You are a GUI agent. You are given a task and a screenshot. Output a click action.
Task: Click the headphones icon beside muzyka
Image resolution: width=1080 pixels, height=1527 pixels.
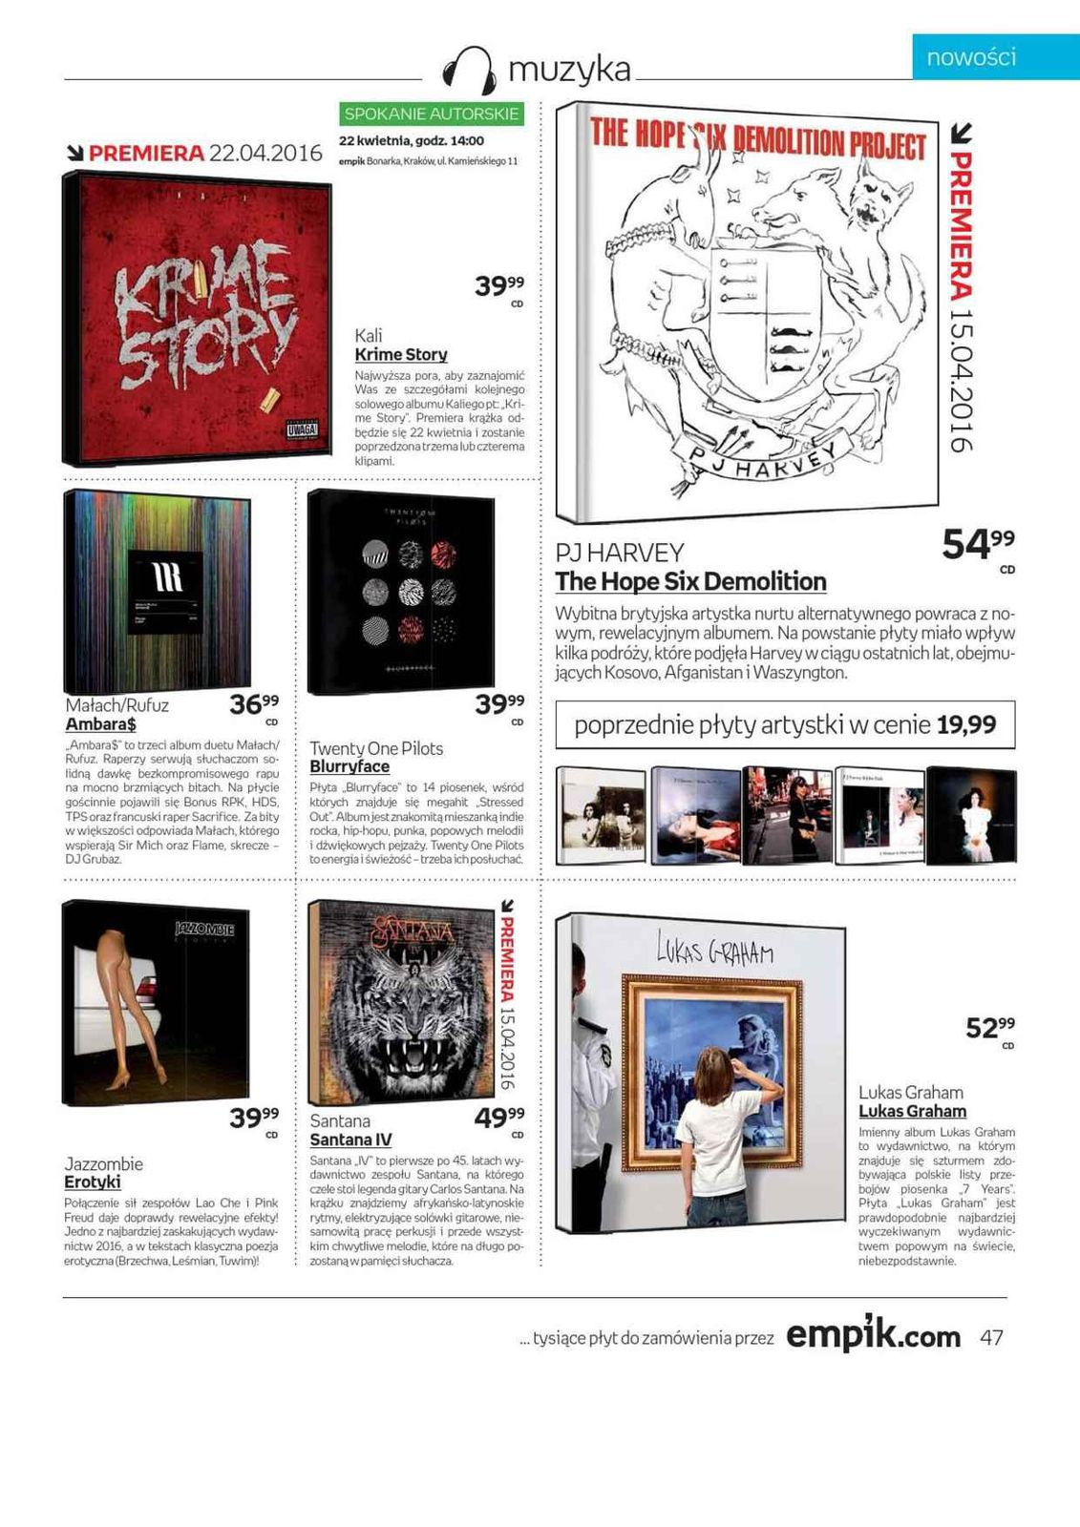(x=470, y=70)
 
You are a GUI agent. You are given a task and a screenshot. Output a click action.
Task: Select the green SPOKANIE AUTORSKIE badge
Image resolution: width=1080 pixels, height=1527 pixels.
(x=432, y=114)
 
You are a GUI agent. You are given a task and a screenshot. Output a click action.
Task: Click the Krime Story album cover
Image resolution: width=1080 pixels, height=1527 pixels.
(x=199, y=317)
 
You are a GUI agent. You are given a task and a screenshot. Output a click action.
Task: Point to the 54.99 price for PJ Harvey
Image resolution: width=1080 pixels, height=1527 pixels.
(x=977, y=544)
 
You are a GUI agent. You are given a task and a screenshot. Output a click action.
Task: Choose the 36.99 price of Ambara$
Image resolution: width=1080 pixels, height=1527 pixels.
(x=254, y=705)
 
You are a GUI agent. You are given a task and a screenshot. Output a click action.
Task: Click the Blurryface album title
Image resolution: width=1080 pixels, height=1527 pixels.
(x=349, y=766)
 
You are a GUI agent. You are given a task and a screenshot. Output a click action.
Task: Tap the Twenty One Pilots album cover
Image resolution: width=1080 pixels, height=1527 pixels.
(x=402, y=592)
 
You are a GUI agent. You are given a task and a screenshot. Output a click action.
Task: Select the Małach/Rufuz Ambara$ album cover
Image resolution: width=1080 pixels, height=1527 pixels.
(x=159, y=592)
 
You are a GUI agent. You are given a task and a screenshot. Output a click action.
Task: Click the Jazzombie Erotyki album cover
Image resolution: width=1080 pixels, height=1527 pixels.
(x=156, y=1002)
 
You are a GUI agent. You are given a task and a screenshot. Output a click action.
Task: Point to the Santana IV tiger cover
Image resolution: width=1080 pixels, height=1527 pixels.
(x=401, y=1002)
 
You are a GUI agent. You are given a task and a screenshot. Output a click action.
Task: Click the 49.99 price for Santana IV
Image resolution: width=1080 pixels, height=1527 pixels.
(x=499, y=1117)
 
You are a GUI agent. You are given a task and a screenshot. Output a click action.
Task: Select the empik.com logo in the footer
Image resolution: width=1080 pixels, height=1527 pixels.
(x=873, y=1335)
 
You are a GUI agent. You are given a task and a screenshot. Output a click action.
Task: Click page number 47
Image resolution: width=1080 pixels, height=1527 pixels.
(x=991, y=1337)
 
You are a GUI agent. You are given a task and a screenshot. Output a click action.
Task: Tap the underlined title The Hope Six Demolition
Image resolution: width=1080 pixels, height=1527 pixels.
(x=690, y=581)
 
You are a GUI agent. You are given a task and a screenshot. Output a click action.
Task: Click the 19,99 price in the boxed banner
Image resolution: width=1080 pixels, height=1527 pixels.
(x=965, y=725)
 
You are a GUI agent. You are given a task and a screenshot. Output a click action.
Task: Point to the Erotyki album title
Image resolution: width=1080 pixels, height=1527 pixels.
(x=93, y=1182)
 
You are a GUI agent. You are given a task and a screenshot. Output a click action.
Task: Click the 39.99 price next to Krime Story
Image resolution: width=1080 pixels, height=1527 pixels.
(x=499, y=285)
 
